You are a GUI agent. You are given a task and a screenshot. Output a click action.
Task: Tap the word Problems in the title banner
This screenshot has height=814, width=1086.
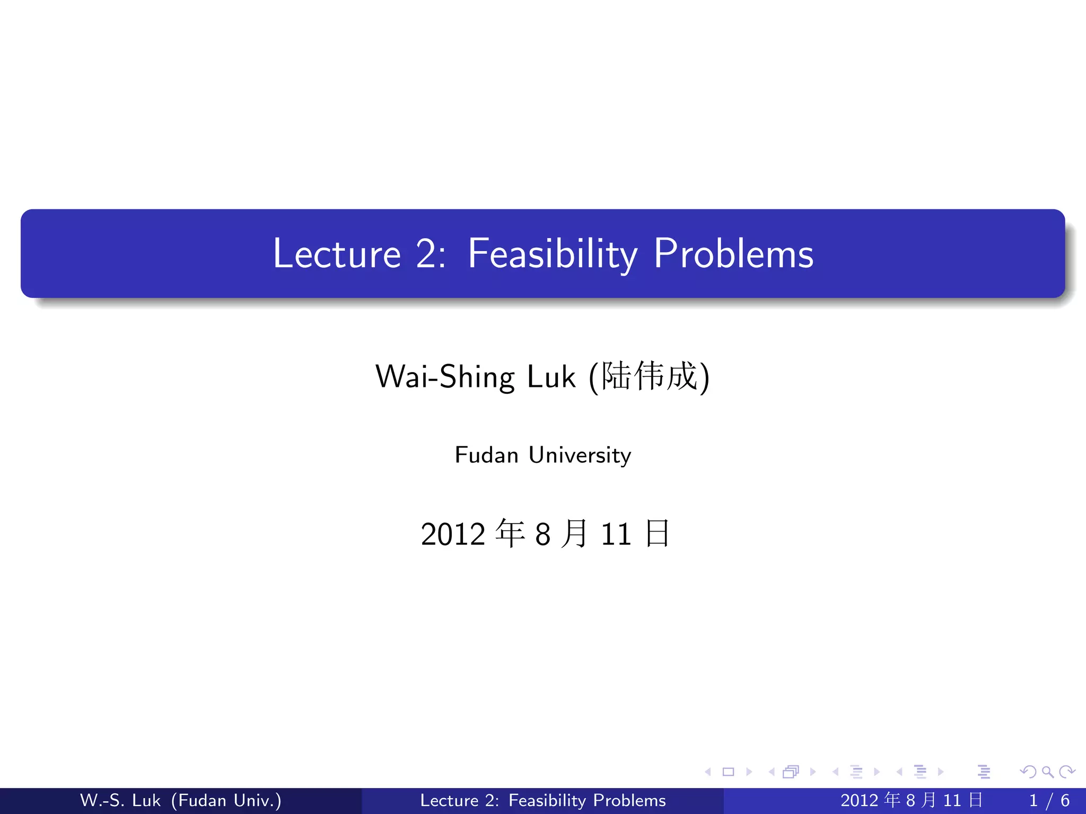[x=733, y=254]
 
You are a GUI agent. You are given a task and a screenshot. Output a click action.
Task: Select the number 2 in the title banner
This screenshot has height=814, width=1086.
[x=427, y=254]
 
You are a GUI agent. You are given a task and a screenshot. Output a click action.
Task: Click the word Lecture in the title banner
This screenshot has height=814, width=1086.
[x=337, y=254]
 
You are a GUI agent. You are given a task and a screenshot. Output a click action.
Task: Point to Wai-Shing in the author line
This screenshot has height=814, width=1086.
[x=444, y=377]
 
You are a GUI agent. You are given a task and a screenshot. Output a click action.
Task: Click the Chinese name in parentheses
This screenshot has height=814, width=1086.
[x=649, y=376]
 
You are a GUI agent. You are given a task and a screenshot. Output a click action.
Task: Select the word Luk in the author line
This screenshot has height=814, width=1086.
[x=551, y=377]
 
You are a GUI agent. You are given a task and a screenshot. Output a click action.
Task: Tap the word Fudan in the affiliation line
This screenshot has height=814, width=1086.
[x=486, y=455]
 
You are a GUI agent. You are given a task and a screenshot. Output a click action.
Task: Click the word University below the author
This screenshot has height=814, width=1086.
[x=580, y=455]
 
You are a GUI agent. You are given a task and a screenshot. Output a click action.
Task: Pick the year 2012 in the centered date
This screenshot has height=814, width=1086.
[x=453, y=534]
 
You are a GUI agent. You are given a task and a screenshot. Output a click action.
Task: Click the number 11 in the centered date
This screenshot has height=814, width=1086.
[x=616, y=534]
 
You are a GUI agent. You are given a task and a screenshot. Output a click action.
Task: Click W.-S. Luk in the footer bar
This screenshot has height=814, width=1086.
[x=120, y=800]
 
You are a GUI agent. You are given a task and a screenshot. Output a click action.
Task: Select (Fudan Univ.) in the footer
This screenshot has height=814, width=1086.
[x=226, y=800]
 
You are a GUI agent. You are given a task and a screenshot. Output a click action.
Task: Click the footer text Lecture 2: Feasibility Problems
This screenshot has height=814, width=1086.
[x=542, y=800]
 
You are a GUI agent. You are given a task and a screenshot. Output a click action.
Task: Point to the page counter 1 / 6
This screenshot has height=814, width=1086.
[x=1049, y=800]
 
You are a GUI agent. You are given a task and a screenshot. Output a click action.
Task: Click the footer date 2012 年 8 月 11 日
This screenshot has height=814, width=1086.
[x=912, y=800]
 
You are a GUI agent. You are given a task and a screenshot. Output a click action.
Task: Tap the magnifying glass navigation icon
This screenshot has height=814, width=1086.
[x=1047, y=772]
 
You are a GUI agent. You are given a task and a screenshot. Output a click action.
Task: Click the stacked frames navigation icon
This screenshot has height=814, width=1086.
[x=791, y=772]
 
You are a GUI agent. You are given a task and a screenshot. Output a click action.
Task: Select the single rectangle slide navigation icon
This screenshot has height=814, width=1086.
[x=728, y=772]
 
